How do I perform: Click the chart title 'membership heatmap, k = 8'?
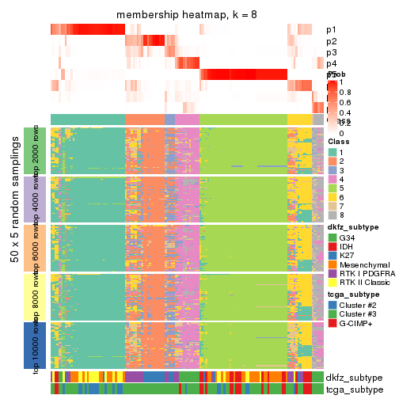[187, 16]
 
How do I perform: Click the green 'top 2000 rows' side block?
[39, 150]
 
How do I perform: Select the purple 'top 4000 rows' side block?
[39, 199]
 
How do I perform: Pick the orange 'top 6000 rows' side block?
[39, 248]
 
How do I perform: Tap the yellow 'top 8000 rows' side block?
[39, 296]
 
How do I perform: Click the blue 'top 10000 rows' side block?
[39, 345]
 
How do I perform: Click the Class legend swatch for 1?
[332, 151]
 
